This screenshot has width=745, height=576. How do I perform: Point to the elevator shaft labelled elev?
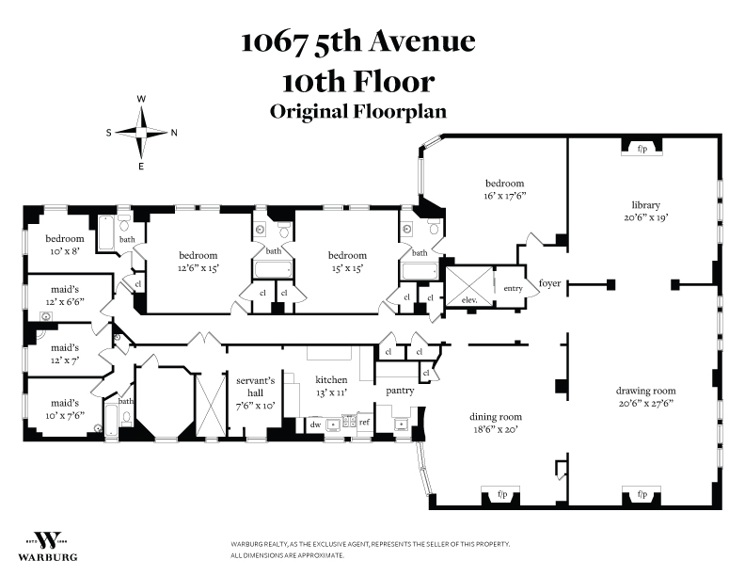pos(469,286)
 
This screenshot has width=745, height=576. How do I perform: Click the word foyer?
pos(549,283)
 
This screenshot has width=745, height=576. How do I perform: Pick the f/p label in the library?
pos(642,149)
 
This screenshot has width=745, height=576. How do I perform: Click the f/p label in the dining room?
pos(502,494)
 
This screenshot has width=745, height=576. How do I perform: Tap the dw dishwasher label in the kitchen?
pos(315,424)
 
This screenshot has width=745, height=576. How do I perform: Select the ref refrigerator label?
pos(364,422)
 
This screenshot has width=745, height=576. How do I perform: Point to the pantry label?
pos(400,391)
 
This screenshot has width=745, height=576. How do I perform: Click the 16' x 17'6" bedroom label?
pos(504,189)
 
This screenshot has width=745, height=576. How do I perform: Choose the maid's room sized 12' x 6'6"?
pos(65,296)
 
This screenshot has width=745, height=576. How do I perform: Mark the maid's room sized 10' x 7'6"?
pos(65,408)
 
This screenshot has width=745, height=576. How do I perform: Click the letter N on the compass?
pos(174,133)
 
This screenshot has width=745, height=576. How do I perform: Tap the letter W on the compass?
pos(141,99)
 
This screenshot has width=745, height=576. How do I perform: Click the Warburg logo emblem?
pos(48,540)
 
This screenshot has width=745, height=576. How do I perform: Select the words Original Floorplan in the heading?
pos(358,112)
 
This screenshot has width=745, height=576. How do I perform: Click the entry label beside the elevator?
pos(514,288)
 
